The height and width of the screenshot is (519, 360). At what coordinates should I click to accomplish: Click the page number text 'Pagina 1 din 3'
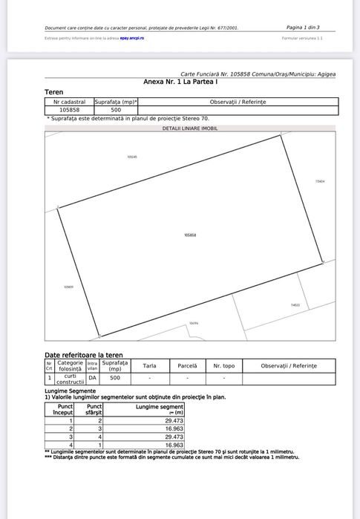pos(303,27)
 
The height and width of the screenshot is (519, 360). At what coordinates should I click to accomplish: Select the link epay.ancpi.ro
pos(131,37)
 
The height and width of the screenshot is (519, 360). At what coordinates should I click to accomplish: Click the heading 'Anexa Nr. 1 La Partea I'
pos(176,82)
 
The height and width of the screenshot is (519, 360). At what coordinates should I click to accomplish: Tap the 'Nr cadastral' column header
pos(70,101)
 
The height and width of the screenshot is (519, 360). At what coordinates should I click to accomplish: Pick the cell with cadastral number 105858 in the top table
pos(70,110)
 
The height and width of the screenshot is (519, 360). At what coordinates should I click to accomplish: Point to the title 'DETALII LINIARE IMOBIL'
pos(191,128)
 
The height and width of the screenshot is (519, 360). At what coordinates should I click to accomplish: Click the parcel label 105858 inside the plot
pos(190,235)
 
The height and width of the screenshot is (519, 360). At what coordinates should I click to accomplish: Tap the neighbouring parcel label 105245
pos(132,157)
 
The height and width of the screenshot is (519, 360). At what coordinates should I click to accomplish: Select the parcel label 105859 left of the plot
pos(68,287)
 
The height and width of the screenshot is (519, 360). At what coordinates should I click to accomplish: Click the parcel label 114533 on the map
pos(295,305)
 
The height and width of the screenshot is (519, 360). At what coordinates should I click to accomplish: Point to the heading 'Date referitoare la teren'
pos(84,356)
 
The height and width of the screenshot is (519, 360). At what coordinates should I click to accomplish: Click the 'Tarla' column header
pos(149,366)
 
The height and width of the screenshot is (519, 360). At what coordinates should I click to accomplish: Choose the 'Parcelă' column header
pos(188,366)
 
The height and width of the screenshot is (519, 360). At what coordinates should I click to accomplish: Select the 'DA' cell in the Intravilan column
pos(92,378)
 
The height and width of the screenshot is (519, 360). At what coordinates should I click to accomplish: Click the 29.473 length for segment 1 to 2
pos(172,421)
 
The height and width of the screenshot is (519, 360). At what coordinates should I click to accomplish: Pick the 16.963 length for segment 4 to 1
pos(172,445)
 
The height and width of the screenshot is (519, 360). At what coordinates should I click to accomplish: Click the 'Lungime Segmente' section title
pos(70,391)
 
